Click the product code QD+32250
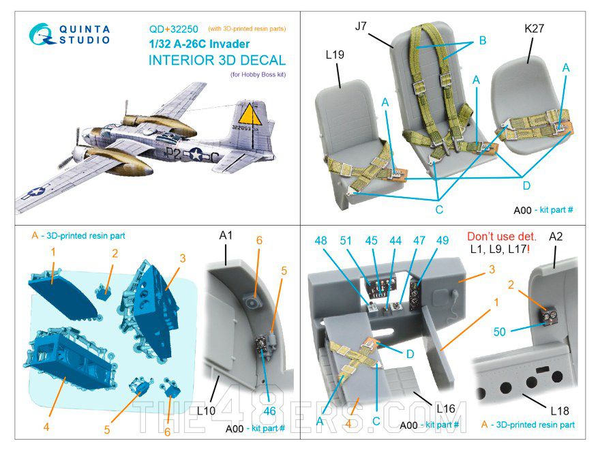pyautogui.click(x=174, y=29)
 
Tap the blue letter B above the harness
pyautogui.click(x=482, y=41)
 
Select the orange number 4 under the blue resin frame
pyautogui.click(x=46, y=427)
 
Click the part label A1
pyautogui.click(x=227, y=236)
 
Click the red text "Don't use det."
pyautogui.click(x=502, y=237)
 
